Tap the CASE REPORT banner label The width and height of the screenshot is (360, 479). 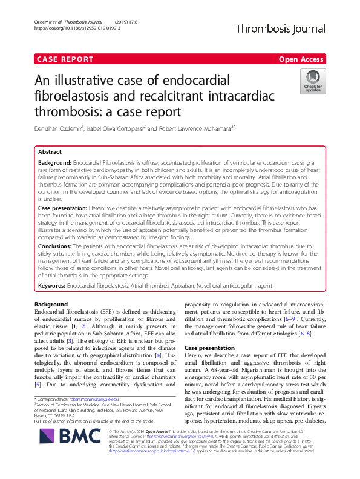65,59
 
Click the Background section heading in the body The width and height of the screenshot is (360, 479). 51,304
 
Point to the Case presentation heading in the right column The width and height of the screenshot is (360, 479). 209,349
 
